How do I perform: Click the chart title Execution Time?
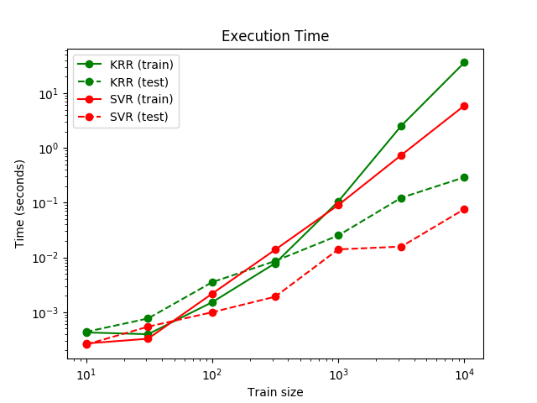click(275, 37)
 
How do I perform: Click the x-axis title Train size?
click(275, 392)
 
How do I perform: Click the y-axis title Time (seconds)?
click(19, 203)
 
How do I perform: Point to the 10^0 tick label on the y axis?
click(50, 149)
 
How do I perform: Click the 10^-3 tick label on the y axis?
click(47, 312)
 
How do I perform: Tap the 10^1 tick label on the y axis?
click(50, 94)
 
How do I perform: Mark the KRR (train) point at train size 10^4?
click(464, 62)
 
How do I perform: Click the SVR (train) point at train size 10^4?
click(464, 106)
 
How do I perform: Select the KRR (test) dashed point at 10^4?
click(464, 177)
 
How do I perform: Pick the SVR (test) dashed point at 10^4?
click(464, 209)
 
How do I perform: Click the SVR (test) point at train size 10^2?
click(212, 312)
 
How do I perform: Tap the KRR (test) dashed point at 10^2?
click(212, 282)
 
